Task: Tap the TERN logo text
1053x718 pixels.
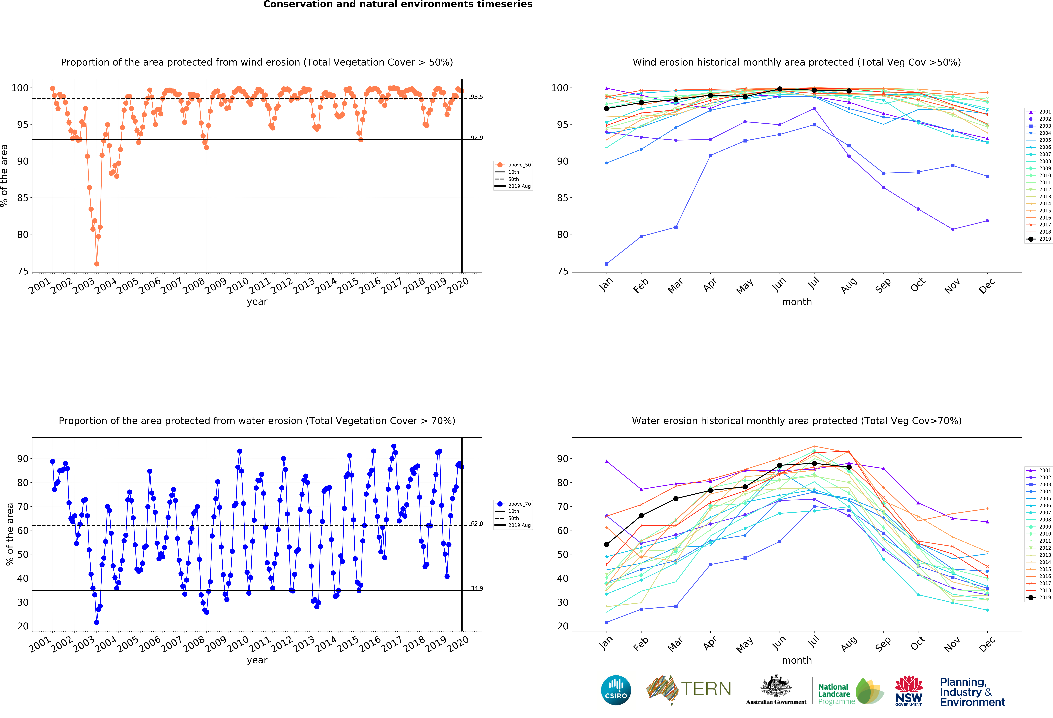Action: pos(706,689)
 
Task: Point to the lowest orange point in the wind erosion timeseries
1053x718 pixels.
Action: pos(97,264)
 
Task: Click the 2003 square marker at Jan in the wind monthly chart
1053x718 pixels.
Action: pos(607,264)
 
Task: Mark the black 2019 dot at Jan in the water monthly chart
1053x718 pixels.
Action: pos(607,544)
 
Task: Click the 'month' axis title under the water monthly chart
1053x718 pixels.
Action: pos(797,660)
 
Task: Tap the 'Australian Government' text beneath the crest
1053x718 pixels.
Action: pos(776,702)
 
